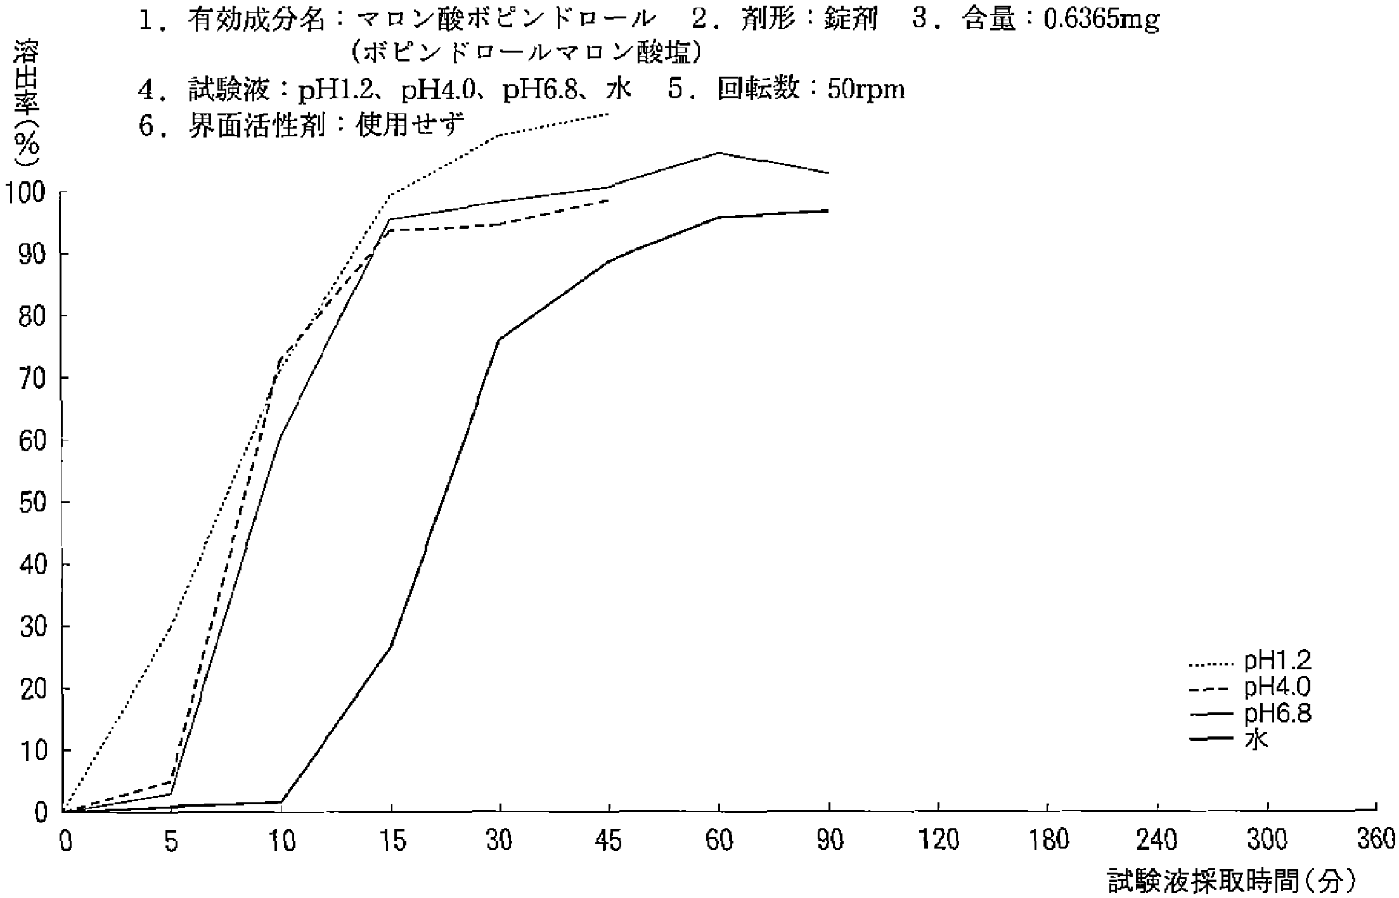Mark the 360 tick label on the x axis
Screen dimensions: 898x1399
(1376, 841)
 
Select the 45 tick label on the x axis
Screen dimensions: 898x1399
(609, 841)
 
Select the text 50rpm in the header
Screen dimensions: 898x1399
(866, 90)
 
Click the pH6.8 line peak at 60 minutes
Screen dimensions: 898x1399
(719, 153)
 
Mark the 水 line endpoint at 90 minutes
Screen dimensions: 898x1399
(828, 210)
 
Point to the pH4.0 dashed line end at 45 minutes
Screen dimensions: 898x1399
(609, 200)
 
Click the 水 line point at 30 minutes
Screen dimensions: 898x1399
(500, 340)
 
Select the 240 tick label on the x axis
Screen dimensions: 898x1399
(1157, 841)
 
